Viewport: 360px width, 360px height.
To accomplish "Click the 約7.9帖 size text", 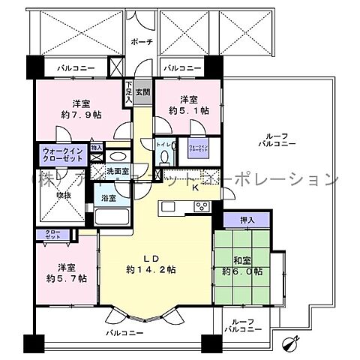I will pyautogui.click(x=82, y=115).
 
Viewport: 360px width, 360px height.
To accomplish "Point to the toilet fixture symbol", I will pyautogui.click(x=163, y=156).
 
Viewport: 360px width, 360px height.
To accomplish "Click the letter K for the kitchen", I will pyautogui.click(x=193, y=189).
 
